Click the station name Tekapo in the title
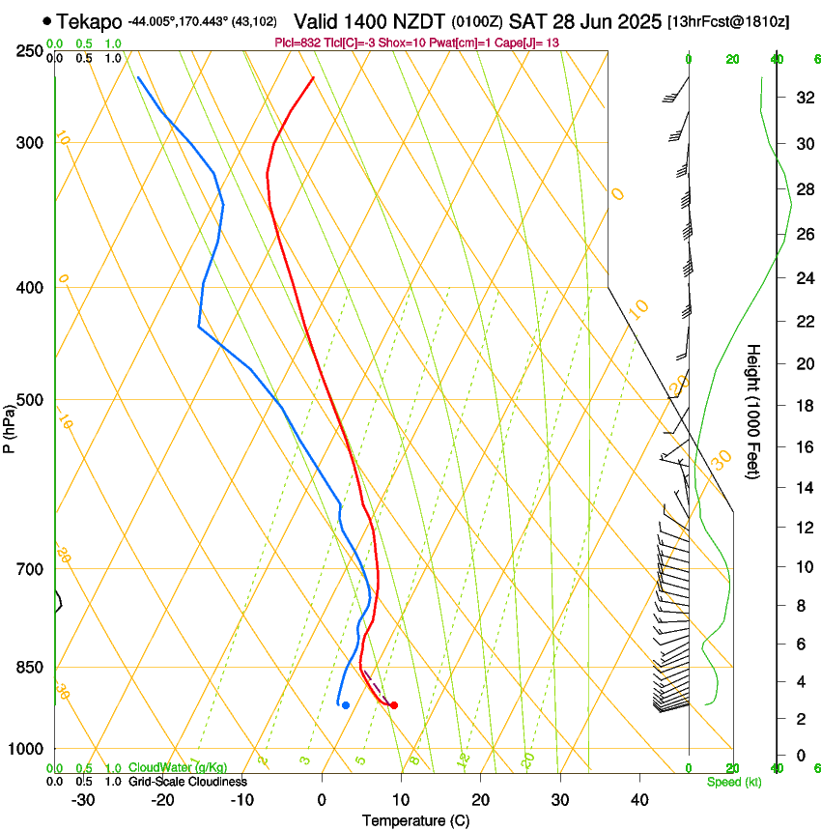click(89, 21)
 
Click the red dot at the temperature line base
click(393, 704)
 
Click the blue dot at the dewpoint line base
click(345, 704)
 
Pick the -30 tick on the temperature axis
click(83, 800)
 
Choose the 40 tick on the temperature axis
click(638, 800)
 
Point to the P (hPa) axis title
click(10, 426)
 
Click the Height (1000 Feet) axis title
click(753, 412)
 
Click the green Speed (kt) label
click(733, 782)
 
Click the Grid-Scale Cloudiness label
click(187, 782)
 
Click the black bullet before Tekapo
click(47, 20)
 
